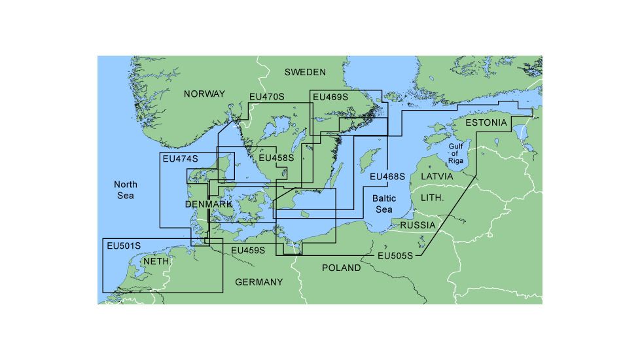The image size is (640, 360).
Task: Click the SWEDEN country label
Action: click(x=305, y=72)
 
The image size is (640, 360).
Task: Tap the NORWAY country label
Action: click(x=204, y=94)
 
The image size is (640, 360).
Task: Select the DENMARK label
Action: click(x=209, y=205)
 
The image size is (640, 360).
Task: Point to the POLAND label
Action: click(x=341, y=268)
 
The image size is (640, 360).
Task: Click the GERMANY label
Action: click(x=259, y=282)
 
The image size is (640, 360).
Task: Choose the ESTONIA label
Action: click(x=486, y=123)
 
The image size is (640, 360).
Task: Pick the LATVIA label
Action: click(x=436, y=177)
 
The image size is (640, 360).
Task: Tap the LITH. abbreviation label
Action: click(x=432, y=197)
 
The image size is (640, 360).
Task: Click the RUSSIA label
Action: click(x=418, y=225)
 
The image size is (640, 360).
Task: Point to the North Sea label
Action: click(x=124, y=190)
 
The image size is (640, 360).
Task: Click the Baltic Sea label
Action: click(x=383, y=204)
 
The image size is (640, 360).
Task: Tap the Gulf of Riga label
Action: click(x=456, y=154)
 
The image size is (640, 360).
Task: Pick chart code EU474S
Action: click(x=180, y=159)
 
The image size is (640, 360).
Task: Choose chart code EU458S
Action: click(x=276, y=158)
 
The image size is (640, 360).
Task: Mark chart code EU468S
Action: click(x=387, y=177)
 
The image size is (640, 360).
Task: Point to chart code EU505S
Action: click(x=395, y=256)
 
